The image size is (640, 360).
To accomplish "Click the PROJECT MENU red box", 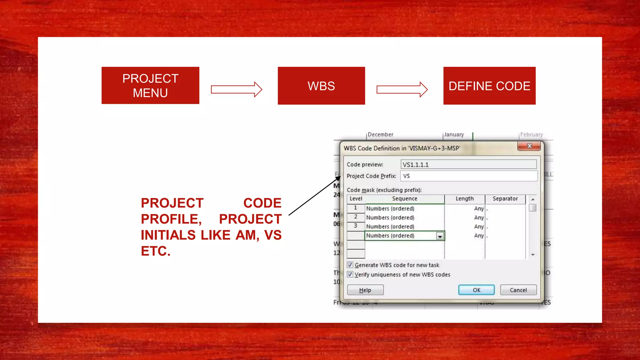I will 150,85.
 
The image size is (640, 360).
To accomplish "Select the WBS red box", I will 321,86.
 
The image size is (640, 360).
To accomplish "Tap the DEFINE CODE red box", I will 489,86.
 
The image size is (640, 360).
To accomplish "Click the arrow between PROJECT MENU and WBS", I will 237,90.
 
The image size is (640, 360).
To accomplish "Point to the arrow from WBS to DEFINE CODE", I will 402,90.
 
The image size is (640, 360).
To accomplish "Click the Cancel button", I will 518,290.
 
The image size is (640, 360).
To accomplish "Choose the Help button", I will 365,290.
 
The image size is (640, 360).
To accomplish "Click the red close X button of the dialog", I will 529,146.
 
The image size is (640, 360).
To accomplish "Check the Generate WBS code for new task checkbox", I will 350,265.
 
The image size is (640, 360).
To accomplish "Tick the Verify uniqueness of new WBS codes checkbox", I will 350,274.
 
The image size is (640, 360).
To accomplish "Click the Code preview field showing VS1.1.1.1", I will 468,164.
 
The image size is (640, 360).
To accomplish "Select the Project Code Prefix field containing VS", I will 468,176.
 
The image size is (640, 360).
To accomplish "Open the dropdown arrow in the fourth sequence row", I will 440,236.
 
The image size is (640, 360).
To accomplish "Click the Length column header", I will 464,199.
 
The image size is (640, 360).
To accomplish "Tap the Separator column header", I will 505,199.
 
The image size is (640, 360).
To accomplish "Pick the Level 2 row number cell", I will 356,217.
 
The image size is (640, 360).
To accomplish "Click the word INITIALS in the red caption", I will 168,235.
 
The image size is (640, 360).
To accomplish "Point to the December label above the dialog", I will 380,135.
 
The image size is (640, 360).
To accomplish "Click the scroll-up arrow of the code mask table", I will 533,199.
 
